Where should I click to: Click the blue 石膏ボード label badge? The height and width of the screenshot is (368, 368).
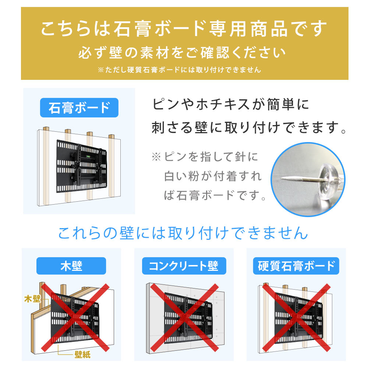(x=79, y=107)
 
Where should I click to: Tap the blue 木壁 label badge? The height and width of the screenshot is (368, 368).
(x=71, y=266)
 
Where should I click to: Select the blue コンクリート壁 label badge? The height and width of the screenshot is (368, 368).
(x=183, y=266)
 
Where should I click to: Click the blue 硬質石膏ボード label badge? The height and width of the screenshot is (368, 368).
(x=296, y=266)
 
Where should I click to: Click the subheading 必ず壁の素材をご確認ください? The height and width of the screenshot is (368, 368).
(x=182, y=53)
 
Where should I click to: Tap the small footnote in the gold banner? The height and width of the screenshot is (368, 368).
(x=179, y=70)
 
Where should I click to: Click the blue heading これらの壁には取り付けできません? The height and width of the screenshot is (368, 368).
(x=183, y=233)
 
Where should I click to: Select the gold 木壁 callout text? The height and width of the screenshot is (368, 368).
(x=32, y=298)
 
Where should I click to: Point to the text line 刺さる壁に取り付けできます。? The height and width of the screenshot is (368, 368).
(x=249, y=128)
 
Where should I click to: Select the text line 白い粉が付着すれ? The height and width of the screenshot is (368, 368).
(x=213, y=176)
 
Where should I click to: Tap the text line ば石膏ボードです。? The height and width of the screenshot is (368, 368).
(x=215, y=195)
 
